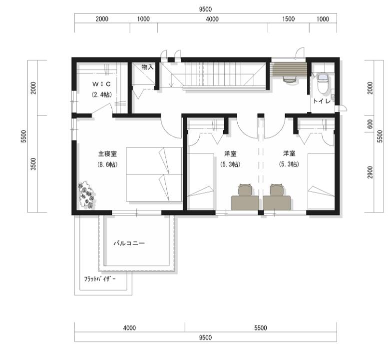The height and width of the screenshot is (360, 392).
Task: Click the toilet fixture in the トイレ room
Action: pos(323,83)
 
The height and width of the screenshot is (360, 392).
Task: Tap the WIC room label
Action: pos(101,84)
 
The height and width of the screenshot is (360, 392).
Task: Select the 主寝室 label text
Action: pos(107,153)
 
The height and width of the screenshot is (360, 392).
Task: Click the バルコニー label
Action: pos(129,243)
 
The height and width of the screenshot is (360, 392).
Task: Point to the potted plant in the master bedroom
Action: pos(86,194)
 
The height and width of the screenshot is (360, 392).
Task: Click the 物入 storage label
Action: pos(147,67)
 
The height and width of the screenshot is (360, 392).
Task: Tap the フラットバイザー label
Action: pos(100,279)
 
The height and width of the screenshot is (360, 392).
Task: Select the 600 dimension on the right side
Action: pos(370,124)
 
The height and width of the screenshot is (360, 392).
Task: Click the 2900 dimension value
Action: pos(370,172)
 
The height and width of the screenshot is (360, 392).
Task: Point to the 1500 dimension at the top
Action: pos(289,19)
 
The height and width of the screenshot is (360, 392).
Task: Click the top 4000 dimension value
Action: pos(213,19)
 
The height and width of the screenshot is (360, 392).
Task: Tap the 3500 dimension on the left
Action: pos(33,164)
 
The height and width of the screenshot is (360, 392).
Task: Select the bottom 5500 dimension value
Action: pos(261,327)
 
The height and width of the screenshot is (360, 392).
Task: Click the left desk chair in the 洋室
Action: pos(245,189)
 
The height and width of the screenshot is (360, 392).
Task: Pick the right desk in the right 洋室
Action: pos(277,203)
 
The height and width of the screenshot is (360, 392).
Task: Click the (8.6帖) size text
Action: pos(107,164)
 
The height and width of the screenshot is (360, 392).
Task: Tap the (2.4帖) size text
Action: pos(101,94)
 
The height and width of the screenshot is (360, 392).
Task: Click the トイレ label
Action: pos(322,101)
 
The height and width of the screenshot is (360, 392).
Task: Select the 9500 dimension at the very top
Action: pos(206,9)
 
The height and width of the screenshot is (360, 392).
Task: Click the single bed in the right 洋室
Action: pos(321,181)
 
